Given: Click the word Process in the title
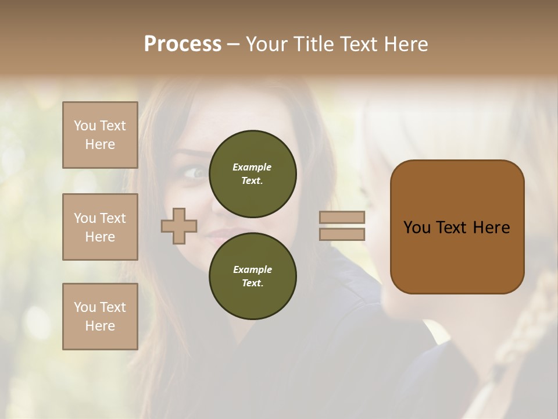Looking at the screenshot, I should [x=183, y=44].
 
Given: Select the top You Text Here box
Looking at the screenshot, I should [x=100, y=135].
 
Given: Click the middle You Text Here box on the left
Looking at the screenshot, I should [x=100, y=227].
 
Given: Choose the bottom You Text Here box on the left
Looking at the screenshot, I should [x=100, y=316].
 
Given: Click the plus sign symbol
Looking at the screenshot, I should [x=179, y=226].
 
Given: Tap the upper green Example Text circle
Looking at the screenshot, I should [x=252, y=173].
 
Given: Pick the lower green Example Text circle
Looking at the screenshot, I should [x=252, y=276].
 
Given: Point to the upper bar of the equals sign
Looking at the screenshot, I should [x=342, y=218].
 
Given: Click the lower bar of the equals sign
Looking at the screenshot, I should [x=342, y=234].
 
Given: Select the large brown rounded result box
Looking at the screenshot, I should [x=457, y=227].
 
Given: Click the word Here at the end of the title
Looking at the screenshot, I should [x=406, y=44].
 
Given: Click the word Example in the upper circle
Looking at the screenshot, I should [x=252, y=167].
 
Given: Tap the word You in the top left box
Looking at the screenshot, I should [x=85, y=126].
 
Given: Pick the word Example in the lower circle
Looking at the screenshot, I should [x=252, y=269].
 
